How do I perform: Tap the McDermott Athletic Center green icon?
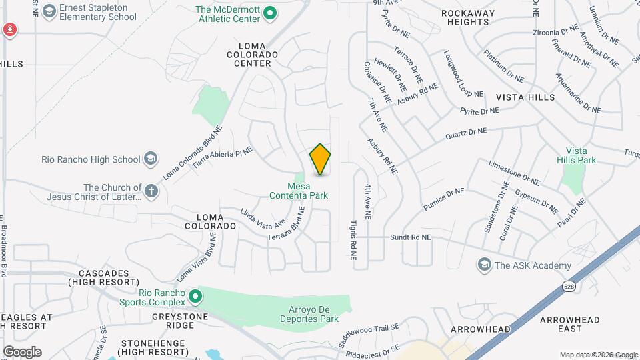[269, 13]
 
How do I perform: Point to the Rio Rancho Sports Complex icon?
[195, 295]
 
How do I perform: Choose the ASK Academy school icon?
[483, 265]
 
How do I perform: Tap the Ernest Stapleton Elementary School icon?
[49, 11]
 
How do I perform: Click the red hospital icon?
[9, 29]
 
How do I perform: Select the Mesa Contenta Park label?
[298, 191]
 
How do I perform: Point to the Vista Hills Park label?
[581, 156]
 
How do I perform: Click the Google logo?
[22, 352]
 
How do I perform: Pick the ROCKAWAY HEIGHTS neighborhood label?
[469, 17]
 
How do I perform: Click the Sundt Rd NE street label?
[411, 237]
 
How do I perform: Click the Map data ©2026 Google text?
[598, 355]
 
